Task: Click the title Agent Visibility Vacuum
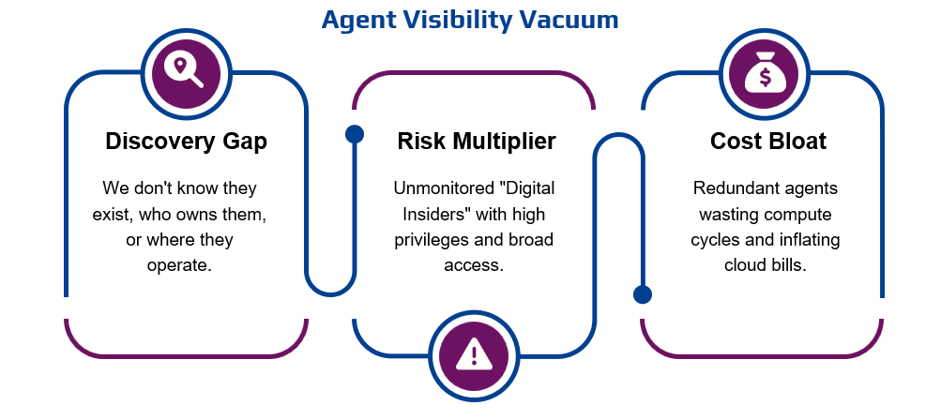pyautogui.click(x=470, y=20)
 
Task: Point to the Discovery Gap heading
pyautogui.click(x=186, y=142)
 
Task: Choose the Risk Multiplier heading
pyautogui.click(x=476, y=142)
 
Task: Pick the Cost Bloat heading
pyautogui.click(x=767, y=142)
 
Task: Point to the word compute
pyautogui.click(x=798, y=215)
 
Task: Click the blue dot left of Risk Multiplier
pyautogui.click(x=355, y=134)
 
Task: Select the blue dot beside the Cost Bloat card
pyautogui.click(x=643, y=294)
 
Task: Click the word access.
pyautogui.click(x=474, y=265)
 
